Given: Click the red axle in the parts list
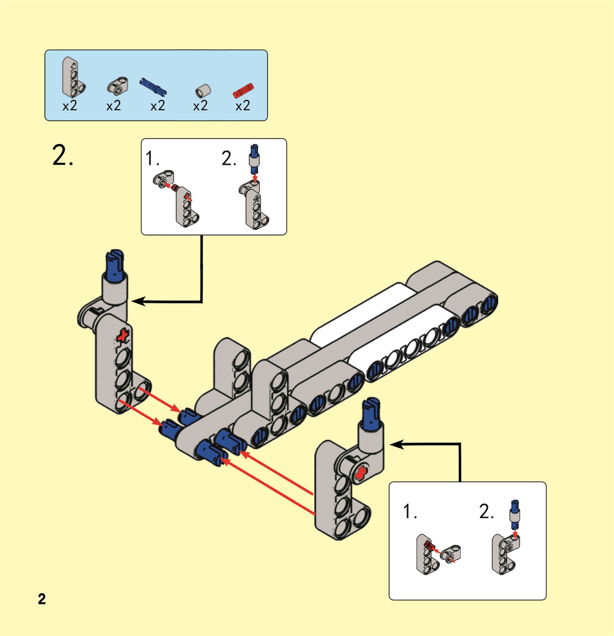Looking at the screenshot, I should click(243, 91).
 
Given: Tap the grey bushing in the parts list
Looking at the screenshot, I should click(203, 91).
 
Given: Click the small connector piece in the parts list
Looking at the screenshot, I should click(117, 85).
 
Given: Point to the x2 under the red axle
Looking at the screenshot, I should click(242, 106).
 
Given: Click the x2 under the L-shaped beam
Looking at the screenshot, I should click(70, 106).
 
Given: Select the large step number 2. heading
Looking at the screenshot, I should click(63, 156).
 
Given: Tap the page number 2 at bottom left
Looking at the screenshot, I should click(42, 599).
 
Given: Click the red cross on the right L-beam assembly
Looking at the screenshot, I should click(361, 473).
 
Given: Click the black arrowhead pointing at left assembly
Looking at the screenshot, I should click(139, 301).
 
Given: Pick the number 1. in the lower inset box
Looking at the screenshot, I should click(410, 511).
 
